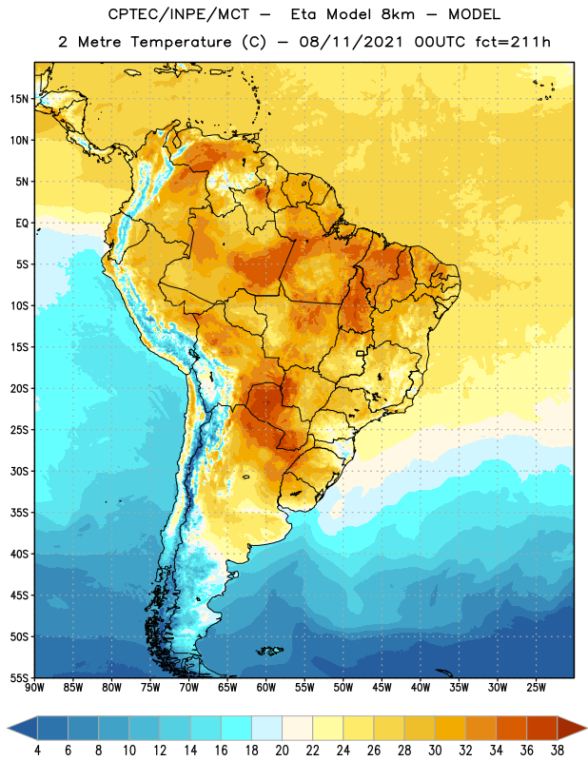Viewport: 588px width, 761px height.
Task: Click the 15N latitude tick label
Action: click(19, 99)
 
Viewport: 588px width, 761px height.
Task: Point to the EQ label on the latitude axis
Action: click(22, 224)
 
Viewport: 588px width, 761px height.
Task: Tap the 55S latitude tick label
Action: click(19, 677)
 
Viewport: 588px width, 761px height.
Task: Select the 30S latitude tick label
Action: click(19, 471)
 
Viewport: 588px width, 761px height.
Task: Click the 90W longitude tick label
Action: click(34, 688)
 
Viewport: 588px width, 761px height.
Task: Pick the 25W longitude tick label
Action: click(536, 688)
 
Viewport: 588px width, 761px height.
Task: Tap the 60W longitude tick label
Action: click(266, 688)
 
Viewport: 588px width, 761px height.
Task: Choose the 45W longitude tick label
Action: click(382, 688)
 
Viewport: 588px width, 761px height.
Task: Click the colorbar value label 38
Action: click(558, 751)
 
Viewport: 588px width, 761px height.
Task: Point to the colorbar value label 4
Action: click(37, 751)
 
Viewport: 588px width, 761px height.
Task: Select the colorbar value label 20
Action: click(282, 751)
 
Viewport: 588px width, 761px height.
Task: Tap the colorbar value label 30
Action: click(435, 751)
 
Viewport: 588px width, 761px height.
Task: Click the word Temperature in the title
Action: click(182, 42)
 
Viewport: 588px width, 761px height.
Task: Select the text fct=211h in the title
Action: click(513, 42)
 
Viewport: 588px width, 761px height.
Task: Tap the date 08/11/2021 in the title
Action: click(351, 42)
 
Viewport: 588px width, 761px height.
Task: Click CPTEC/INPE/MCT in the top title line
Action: click(179, 14)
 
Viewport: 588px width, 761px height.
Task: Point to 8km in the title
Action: click(398, 14)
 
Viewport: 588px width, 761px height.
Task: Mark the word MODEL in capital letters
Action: click(475, 14)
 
